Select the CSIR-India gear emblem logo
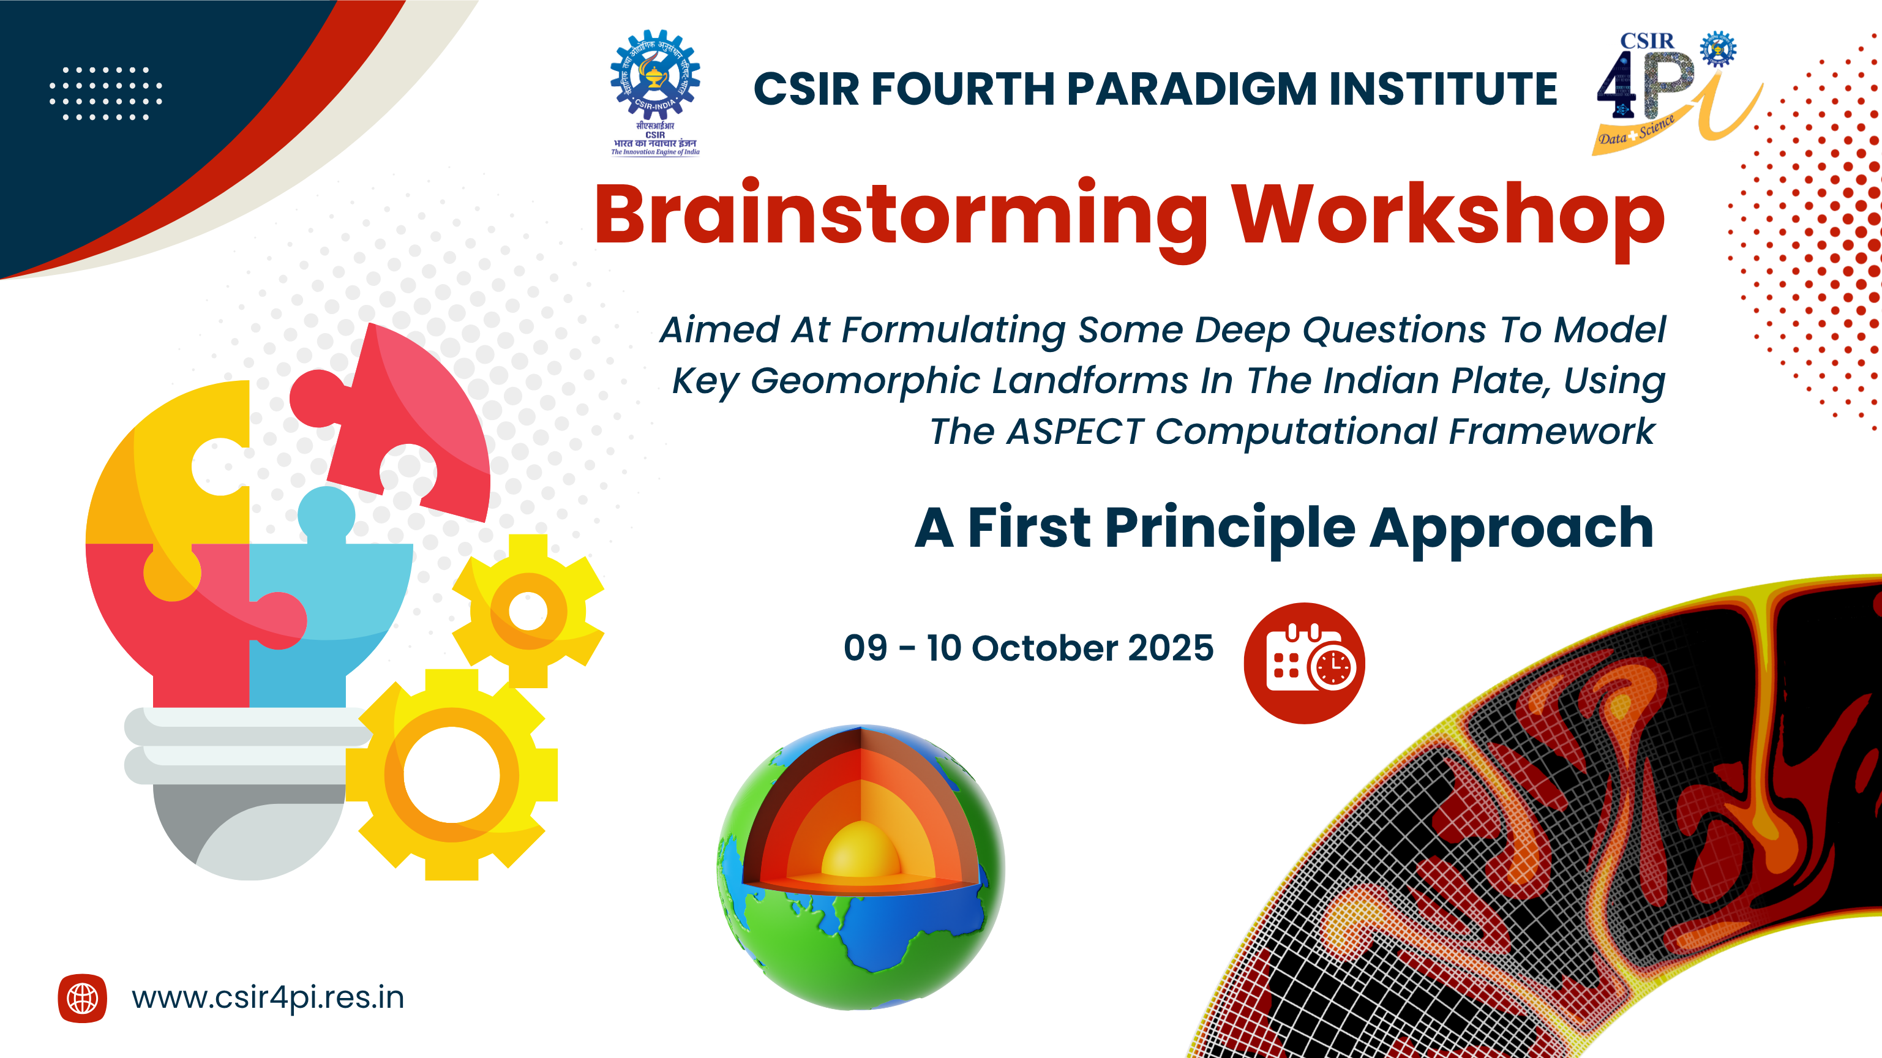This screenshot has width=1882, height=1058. click(x=655, y=93)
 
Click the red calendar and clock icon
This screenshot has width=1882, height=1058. click(x=1304, y=662)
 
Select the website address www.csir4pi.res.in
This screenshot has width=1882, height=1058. click(x=268, y=998)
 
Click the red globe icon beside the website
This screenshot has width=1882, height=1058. click(x=83, y=998)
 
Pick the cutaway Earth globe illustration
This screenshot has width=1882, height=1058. click(x=861, y=868)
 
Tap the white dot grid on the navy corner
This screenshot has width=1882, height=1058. click(x=106, y=94)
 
